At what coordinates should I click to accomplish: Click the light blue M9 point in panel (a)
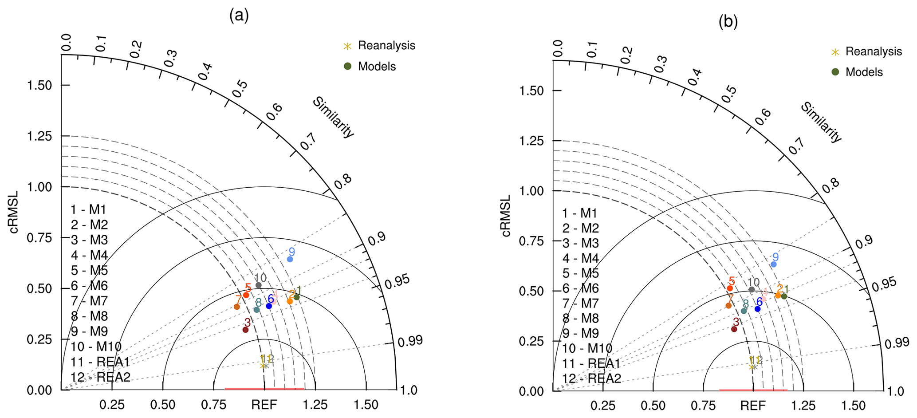click(290, 259)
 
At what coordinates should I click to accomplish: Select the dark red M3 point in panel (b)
click(734, 329)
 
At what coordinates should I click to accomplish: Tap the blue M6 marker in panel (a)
click(269, 306)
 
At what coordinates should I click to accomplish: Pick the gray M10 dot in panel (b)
click(752, 289)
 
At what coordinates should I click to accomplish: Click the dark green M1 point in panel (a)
click(296, 297)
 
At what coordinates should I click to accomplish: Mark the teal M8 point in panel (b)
click(744, 311)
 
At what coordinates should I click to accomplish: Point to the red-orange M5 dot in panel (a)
click(246, 295)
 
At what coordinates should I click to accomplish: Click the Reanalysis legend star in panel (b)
click(835, 52)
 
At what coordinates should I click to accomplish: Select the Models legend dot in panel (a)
click(348, 66)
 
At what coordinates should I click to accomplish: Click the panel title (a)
click(239, 16)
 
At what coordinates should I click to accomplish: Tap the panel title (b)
click(728, 22)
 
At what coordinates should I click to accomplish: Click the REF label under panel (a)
click(264, 405)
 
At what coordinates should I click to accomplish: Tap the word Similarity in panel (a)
click(334, 117)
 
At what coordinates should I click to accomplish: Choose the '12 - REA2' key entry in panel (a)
click(101, 377)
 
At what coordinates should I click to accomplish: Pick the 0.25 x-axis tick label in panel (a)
click(112, 405)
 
